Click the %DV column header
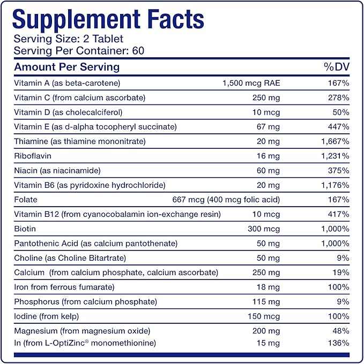pyautogui.click(x=336, y=67)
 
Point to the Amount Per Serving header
pyautogui.click(x=66, y=67)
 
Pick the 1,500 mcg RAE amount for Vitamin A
pyautogui.click(x=251, y=83)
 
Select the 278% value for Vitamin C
pyautogui.click(x=339, y=97)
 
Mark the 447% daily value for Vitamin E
pyautogui.click(x=339, y=127)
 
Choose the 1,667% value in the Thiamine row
pyautogui.click(x=336, y=141)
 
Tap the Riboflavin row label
pyautogui.click(x=32, y=156)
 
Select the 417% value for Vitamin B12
pyautogui.click(x=339, y=214)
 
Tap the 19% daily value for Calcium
pyautogui.click(x=341, y=272)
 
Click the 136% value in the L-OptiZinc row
pyautogui.click(x=339, y=343)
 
